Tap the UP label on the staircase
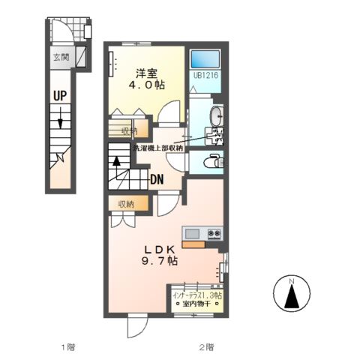click(x=60, y=95)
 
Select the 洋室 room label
click(x=145, y=73)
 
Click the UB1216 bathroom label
click(x=204, y=76)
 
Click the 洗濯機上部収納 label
click(x=158, y=148)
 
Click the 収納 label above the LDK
click(x=125, y=203)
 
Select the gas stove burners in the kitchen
click(x=214, y=233)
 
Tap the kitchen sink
click(x=192, y=233)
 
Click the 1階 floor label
click(x=67, y=347)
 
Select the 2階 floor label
click(x=206, y=347)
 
